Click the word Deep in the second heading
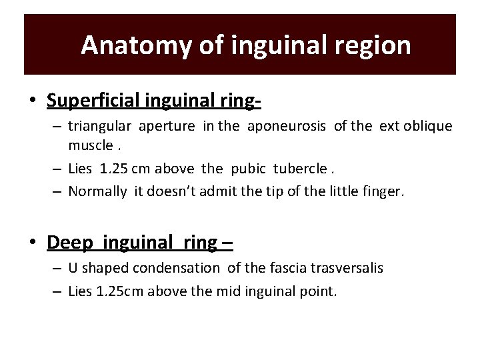68,242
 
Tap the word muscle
89,145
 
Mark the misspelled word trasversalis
344,268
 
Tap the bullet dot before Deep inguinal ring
33,243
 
